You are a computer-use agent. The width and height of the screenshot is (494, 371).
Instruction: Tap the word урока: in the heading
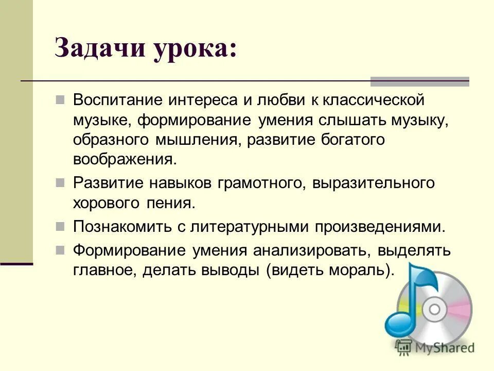pos(192,50)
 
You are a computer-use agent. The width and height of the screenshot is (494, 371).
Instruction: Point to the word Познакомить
pos(122,226)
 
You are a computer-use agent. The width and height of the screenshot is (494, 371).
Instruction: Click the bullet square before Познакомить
pos(60,226)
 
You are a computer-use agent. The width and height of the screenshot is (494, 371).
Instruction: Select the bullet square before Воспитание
pos(60,98)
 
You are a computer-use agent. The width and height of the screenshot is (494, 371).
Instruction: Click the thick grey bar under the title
pos(420,81)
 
